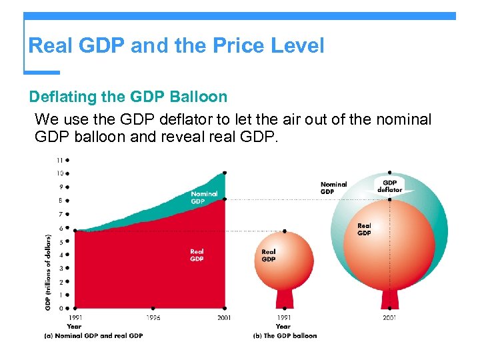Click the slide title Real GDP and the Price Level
[176, 46]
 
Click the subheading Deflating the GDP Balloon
[128, 97]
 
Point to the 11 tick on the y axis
[61, 160]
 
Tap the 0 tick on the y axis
[61, 309]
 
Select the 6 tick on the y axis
[61, 228]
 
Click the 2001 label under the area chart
[225, 318]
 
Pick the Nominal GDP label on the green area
[203, 197]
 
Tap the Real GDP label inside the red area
[197, 255]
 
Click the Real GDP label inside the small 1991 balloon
[269, 255]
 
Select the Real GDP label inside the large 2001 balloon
[364, 229]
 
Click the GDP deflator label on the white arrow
[390, 186]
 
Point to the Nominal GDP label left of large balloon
[333, 187]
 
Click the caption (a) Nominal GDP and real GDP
[93, 335]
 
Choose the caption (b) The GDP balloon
[285, 335]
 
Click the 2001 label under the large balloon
[389, 318]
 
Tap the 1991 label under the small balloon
[283, 318]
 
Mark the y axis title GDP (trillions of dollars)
[48, 272]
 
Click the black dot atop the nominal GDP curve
[225, 173]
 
